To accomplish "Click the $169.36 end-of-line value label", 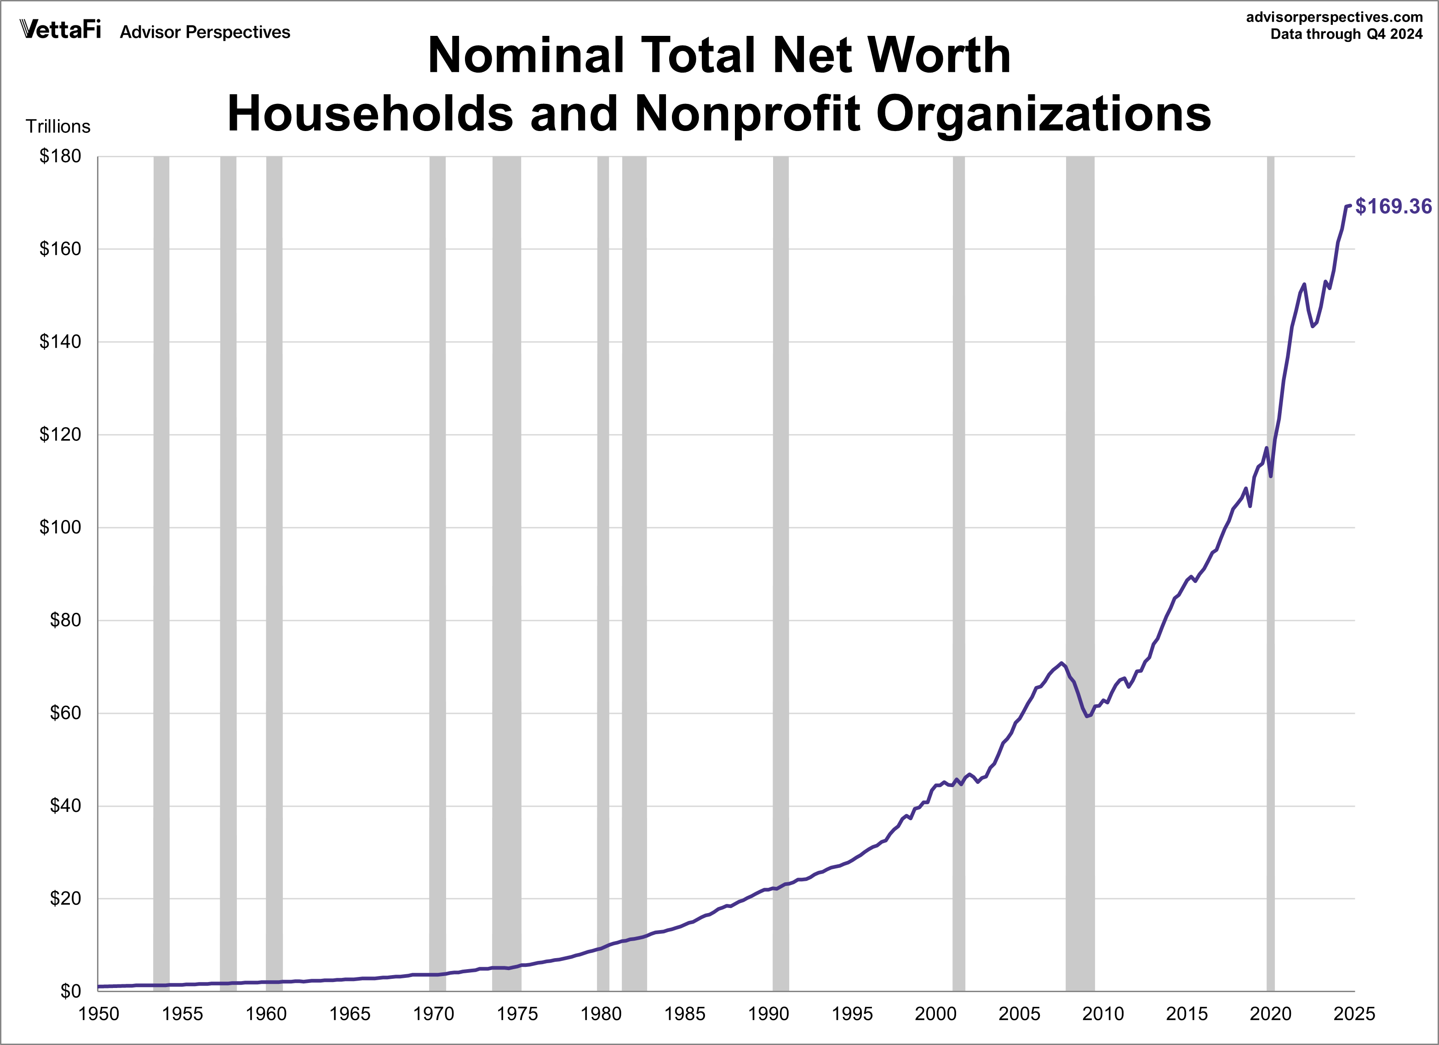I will (x=1393, y=206).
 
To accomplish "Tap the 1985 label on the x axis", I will (x=685, y=1014).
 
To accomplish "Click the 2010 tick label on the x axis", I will (x=1103, y=1014).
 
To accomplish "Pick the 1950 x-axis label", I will (x=98, y=1014).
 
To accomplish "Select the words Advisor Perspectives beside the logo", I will (x=205, y=32).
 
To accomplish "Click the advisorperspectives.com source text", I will (x=1334, y=17).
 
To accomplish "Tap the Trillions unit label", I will (x=58, y=127).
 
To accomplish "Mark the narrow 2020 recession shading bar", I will (x=1270, y=571).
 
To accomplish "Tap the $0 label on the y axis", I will (x=70, y=991).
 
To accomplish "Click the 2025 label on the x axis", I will (x=1354, y=1014).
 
